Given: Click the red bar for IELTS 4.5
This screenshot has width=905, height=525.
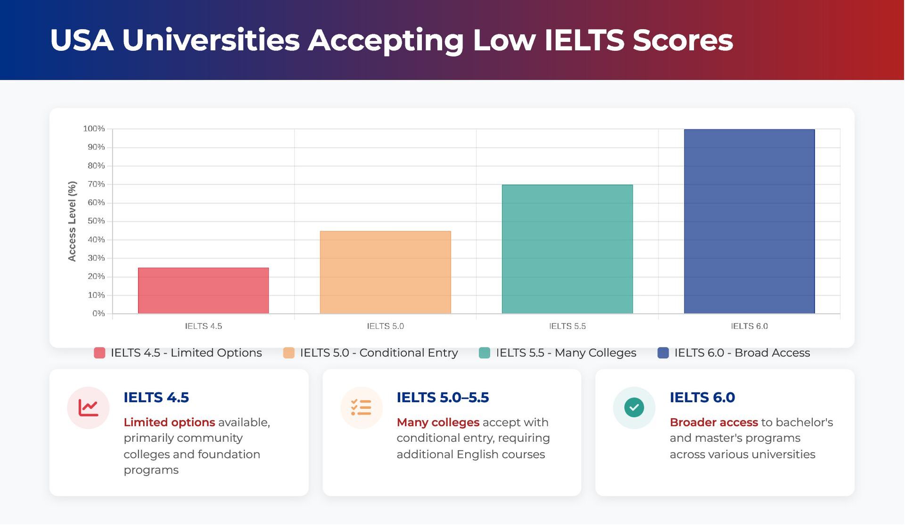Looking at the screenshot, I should (203, 291).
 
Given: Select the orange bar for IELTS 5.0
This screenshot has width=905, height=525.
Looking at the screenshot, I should (385, 272).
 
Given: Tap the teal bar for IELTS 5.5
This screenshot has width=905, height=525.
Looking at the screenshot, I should (567, 249).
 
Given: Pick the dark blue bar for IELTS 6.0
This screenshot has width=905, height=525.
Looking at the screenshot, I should (749, 221).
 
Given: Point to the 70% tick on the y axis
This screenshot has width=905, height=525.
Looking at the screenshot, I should (96, 184).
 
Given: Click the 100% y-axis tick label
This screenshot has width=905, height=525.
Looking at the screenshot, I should (94, 129).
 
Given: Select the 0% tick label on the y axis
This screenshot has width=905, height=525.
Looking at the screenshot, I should (99, 314).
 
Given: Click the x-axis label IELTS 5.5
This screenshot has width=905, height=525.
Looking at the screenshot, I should (567, 326).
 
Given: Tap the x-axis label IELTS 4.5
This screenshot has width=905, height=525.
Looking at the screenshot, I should (203, 326).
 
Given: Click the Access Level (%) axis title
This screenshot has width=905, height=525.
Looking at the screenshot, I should (72, 221).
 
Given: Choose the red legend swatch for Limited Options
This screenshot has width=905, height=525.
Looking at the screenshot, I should (99, 353).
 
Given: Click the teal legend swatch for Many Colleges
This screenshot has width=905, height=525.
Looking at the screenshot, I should (484, 353).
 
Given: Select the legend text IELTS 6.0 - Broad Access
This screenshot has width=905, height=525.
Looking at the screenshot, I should (742, 353).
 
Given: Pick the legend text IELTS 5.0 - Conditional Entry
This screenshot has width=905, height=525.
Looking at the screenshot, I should (378, 353).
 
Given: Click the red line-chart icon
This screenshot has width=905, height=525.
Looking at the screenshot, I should (88, 408).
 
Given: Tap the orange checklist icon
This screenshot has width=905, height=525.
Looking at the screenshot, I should (361, 408).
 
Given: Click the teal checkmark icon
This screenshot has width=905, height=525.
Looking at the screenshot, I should (634, 408).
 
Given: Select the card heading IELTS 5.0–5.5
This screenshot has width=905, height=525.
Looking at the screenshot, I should (443, 397).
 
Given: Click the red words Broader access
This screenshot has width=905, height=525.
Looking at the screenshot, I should (714, 422).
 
